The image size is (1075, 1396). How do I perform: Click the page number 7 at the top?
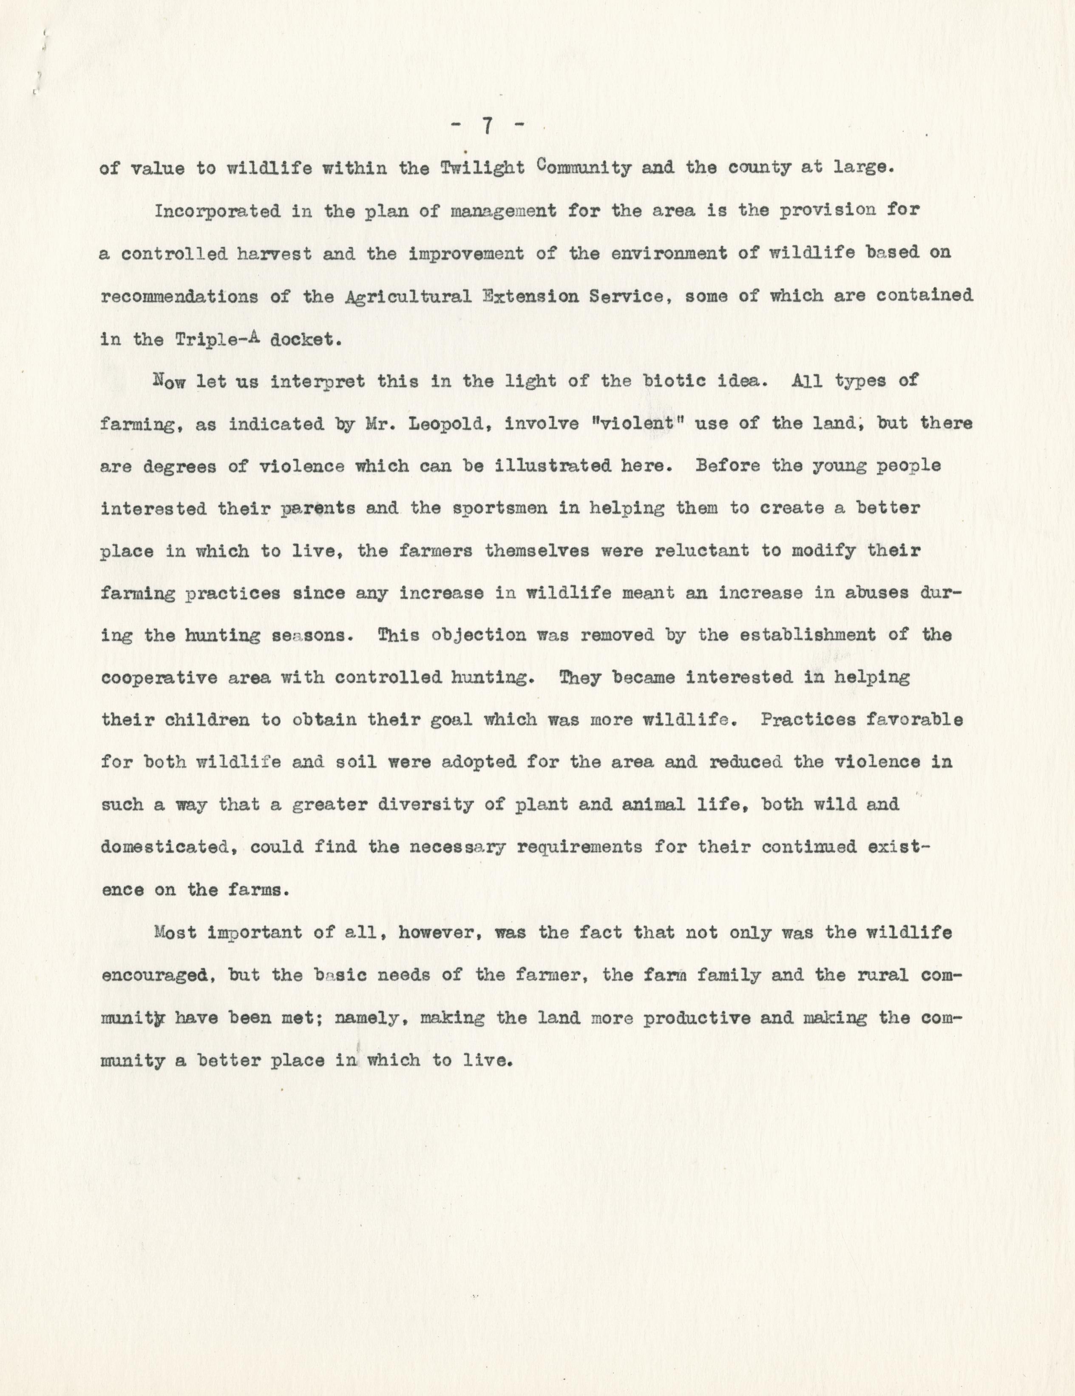[486, 126]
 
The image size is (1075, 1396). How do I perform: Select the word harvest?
[271, 254]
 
